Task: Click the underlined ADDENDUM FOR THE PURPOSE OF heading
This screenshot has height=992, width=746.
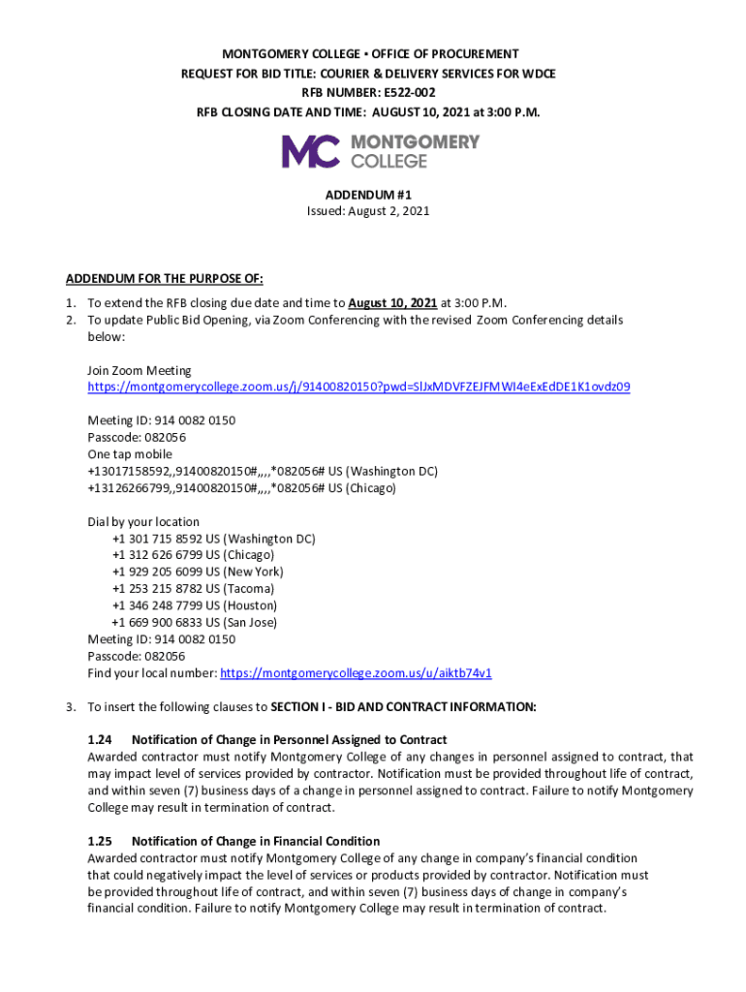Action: pyautogui.click(x=165, y=279)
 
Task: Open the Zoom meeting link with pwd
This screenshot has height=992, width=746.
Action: pyautogui.click(x=358, y=387)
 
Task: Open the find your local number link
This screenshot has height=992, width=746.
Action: pyautogui.click(x=357, y=673)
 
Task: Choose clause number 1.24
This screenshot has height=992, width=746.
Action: pyautogui.click(x=100, y=740)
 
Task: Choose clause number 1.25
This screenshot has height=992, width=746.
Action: pyautogui.click(x=100, y=841)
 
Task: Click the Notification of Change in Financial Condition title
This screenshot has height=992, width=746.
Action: pyautogui.click(x=256, y=841)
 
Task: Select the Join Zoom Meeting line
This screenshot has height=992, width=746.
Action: pyautogui.click(x=140, y=370)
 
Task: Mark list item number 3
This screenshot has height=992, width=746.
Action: pyautogui.click(x=71, y=707)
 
